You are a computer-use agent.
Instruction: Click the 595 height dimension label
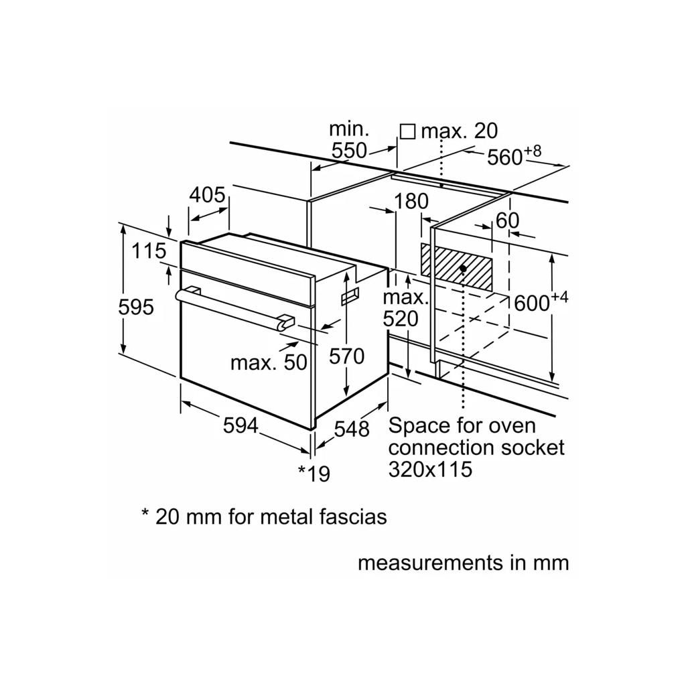click(x=136, y=307)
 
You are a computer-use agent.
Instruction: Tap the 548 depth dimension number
click(x=351, y=429)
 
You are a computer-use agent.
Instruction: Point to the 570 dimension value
click(x=346, y=356)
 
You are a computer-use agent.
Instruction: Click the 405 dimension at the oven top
click(x=206, y=195)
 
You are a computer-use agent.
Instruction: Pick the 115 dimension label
click(x=149, y=251)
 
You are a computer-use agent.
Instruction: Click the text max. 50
click(x=268, y=362)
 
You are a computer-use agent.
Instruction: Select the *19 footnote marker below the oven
click(x=314, y=473)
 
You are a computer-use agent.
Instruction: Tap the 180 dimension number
click(x=411, y=201)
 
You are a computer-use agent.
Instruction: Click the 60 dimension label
click(x=508, y=220)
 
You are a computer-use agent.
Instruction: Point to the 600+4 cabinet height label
click(x=541, y=302)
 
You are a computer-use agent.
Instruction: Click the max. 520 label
click(x=405, y=307)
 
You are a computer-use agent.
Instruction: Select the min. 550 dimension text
click(x=350, y=140)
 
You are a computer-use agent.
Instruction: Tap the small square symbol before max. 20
click(x=407, y=131)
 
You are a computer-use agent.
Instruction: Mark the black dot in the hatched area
click(x=463, y=269)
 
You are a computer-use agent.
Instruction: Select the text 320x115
click(x=430, y=469)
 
